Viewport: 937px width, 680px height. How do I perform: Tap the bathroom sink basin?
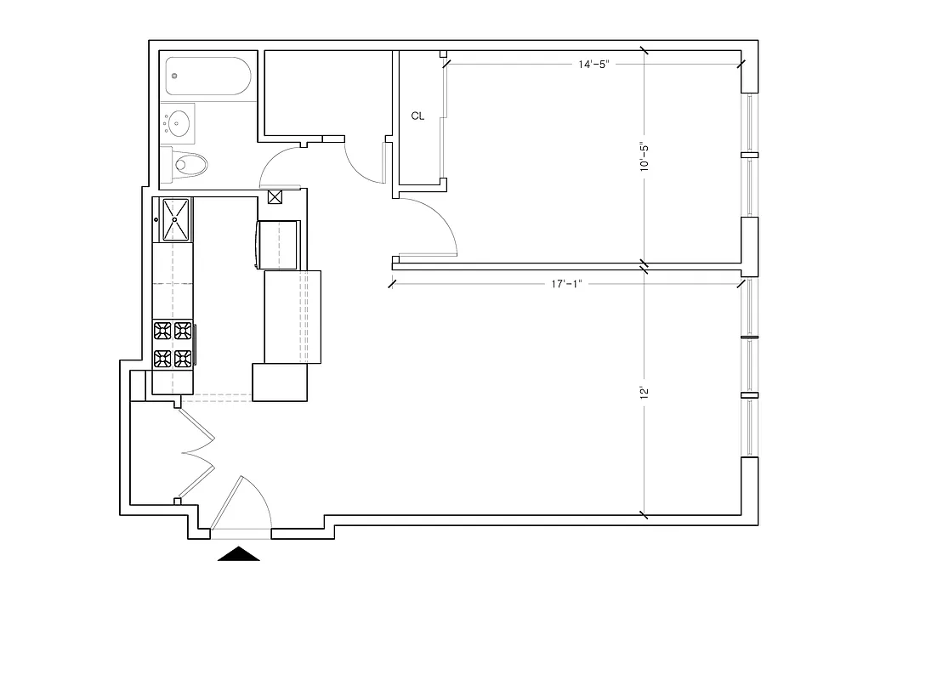click(x=178, y=123)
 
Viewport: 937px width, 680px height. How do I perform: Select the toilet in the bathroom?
click(x=189, y=163)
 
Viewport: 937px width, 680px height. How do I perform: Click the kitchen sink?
click(x=174, y=219)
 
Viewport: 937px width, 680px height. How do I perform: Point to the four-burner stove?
click(x=173, y=345)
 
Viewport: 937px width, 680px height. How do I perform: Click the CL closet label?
click(x=417, y=116)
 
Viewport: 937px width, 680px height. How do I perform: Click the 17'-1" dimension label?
click(x=564, y=284)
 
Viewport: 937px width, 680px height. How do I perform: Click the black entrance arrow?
click(x=239, y=554)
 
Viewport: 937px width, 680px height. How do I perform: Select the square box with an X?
click(x=275, y=198)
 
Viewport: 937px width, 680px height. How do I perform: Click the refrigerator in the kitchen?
click(x=277, y=244)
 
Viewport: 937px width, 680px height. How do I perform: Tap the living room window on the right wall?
click(x=749, y=366)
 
